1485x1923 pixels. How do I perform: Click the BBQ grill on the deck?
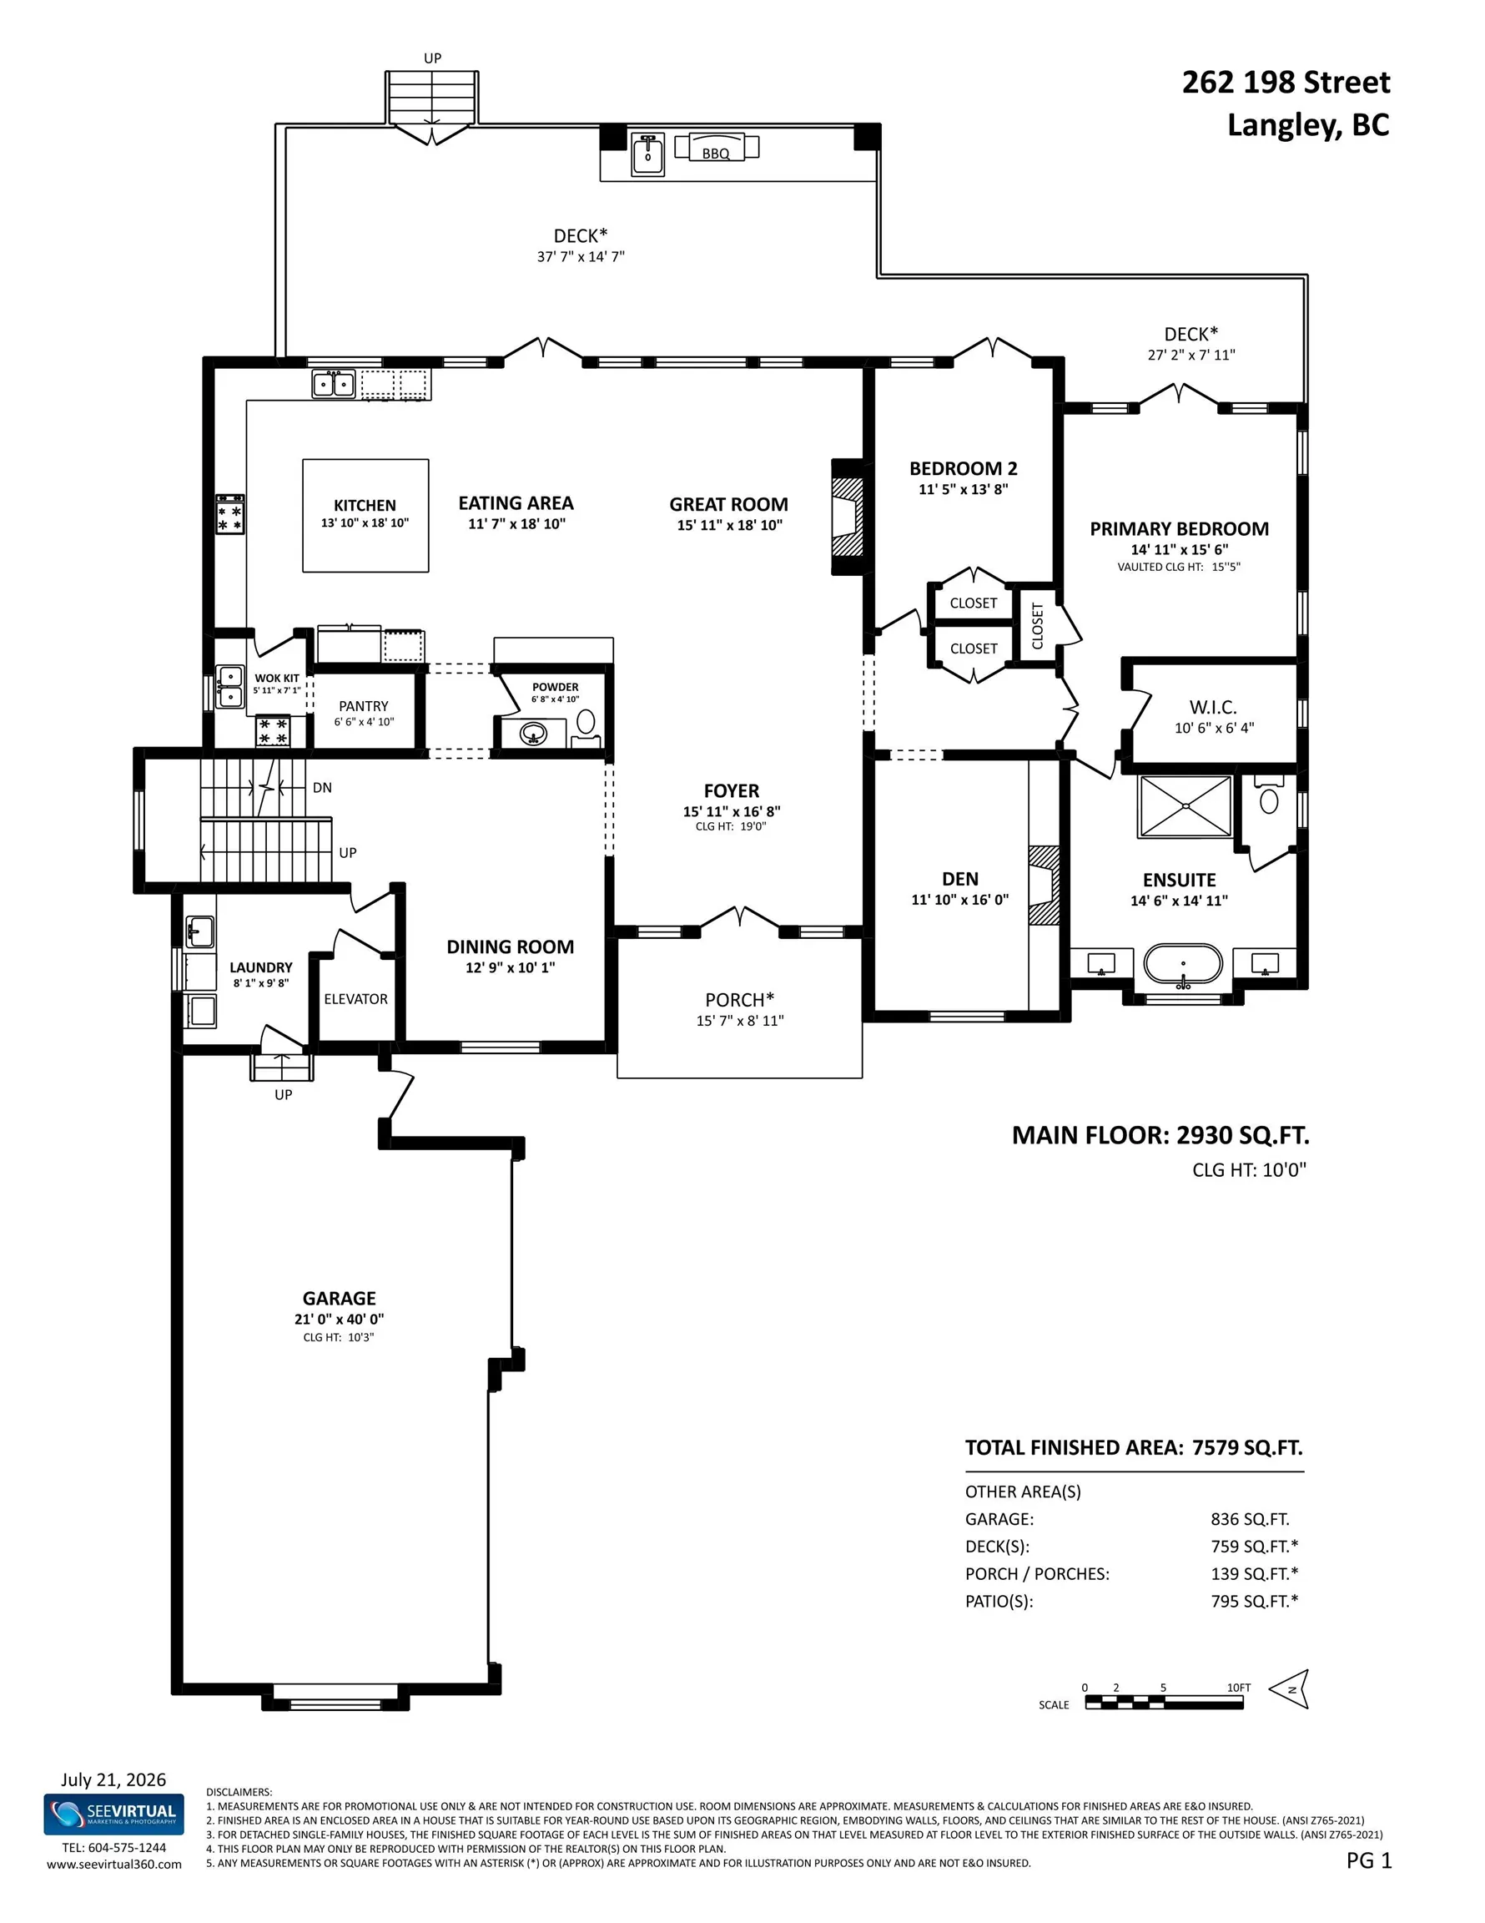click(716, 147)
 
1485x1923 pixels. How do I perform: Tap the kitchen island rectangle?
click(365, 515)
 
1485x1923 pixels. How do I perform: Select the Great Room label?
click(729, 504)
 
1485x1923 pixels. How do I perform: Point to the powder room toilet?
click(586, 723)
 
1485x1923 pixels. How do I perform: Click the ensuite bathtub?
click(1183, 964)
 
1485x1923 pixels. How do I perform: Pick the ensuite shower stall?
click(1185, 805)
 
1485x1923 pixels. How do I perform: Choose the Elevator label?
click(355, 998)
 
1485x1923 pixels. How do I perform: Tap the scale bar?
click(1164, 1700)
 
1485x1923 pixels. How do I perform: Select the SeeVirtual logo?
click(114, 1814)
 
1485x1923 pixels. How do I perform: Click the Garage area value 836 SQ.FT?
click(1250, 1519)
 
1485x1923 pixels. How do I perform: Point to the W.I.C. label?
click(1213, 707)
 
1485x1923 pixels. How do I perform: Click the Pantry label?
click(364, 706)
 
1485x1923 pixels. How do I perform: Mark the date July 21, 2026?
click(113, 1779)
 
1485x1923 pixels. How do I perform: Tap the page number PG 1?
click(1369, 1860)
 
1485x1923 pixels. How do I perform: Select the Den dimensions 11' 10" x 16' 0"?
click(960, 900)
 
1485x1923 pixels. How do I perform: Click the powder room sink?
click(533, 733)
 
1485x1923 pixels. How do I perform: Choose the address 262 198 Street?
click(1286, 82)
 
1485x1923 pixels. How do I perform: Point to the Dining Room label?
click(511, 946)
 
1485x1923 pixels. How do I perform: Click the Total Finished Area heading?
click(1134, 1447)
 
